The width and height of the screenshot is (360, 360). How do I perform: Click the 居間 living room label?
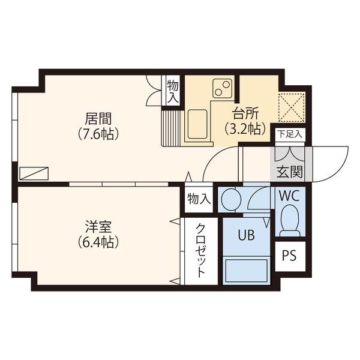pyautogui.click(x=98, y=119)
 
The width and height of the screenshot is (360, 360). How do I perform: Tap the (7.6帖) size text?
pyautogui.click(x=98, y=134)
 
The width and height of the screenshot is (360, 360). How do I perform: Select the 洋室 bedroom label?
pyautogui.click(x=98, y=227)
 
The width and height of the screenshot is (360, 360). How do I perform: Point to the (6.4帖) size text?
pyautogui.click(x=98, y=242)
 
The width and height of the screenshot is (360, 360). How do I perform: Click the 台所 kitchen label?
pyautogui.click(x=245, y=113)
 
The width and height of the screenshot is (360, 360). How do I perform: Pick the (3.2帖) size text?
pyautogui.click(x=245, y=129)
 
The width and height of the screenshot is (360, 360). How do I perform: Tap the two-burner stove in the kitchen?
pyautogui.click(x=222, y=88)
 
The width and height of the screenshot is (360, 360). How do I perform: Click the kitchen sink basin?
pyautogui.click(x=197, y=124)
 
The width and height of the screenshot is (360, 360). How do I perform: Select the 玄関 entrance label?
pyautogui.click(x=290, y=172)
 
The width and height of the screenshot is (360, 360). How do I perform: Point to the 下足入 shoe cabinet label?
pyautogui.click(x=290, y=134)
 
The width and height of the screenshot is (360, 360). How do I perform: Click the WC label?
pyautogui.click(x=289, y=196)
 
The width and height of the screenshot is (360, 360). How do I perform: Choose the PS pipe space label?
pyautogui.click(x=289, y=256)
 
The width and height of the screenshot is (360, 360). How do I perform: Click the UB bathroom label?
pyautogui.click(x=246, y=235)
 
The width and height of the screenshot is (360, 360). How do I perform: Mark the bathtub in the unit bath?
pyautogui.click(x=247, y=271)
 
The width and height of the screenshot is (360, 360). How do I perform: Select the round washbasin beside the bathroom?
pyautogui.click(x=231, y=199)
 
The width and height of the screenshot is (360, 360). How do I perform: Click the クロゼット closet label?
pyautogui.click(x=200, y=250)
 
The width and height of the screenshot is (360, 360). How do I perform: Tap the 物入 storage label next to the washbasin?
pyautogui.click(x=199, y=199)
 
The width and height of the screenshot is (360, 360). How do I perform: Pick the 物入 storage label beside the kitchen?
pyautogui.click(x=173, y=91)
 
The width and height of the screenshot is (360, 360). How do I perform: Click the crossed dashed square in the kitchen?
pyautogui.click(x=292, y=107)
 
